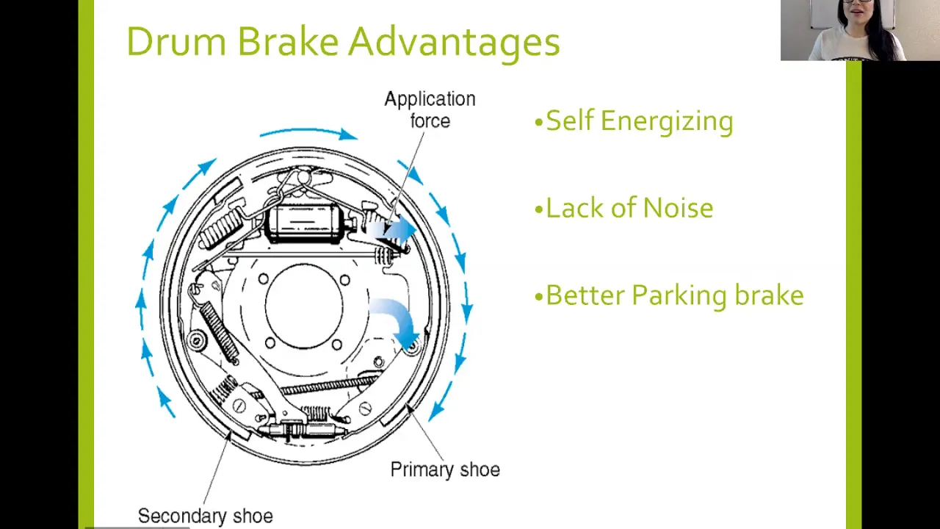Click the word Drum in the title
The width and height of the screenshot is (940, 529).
176,41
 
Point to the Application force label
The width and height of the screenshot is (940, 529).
430,110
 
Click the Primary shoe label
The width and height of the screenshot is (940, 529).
445,469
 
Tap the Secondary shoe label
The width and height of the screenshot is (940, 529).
206,516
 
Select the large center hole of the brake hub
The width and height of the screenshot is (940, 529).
304,306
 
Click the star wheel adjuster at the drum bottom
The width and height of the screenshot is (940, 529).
302,431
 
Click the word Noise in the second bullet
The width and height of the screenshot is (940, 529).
677,207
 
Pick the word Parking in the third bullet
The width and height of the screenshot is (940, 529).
679,296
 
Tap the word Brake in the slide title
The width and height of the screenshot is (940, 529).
287,41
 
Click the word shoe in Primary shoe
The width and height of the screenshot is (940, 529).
480,469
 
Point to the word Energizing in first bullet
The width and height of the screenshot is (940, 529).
668,123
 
